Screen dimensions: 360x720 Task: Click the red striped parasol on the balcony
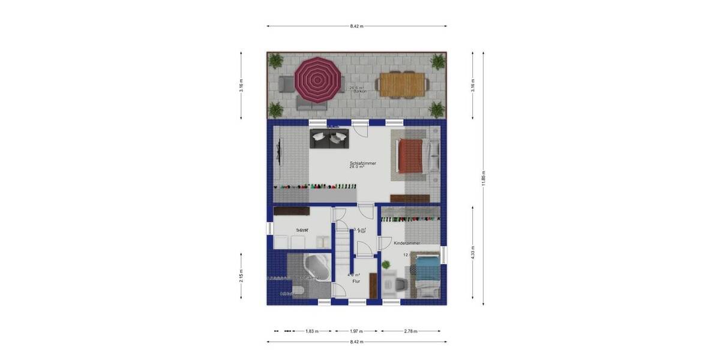[317, 80]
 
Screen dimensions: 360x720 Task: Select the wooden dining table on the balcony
[402, 84]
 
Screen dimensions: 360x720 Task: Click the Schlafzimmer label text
[363, 163]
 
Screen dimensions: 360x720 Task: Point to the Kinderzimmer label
[407, 243]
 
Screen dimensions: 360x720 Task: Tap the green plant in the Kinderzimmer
[386, 265]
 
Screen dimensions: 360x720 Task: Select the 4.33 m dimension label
[473, 253]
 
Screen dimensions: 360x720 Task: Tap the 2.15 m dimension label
[241, 275]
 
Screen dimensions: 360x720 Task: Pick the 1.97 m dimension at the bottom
[357, 331]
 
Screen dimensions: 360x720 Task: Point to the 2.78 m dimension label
[410, 331]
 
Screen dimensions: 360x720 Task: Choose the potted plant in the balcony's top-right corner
[438, 61]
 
